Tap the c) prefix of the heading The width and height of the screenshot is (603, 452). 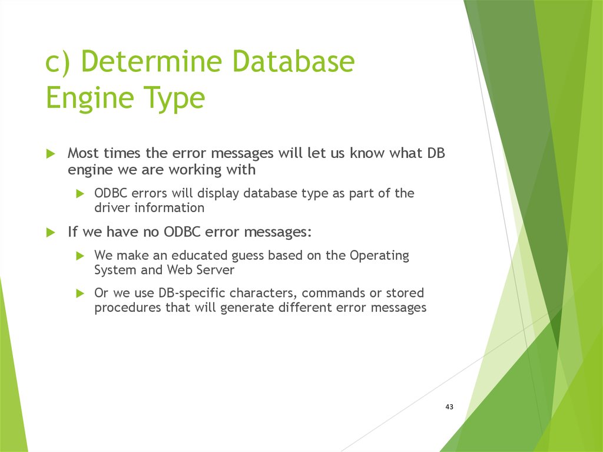point(58,62)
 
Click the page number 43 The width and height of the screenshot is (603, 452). point(449,407)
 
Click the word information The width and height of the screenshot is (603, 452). point(169,208)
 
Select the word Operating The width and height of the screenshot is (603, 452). point(379,256)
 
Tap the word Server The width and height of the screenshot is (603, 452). point(215,270)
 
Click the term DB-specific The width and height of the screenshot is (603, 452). point(192,293)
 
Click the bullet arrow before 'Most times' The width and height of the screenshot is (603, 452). point(51,154)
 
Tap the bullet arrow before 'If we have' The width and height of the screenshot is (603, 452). point(51,233)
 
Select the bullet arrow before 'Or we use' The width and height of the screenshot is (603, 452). point(80,293)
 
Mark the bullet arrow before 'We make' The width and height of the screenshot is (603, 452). point(80,256)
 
